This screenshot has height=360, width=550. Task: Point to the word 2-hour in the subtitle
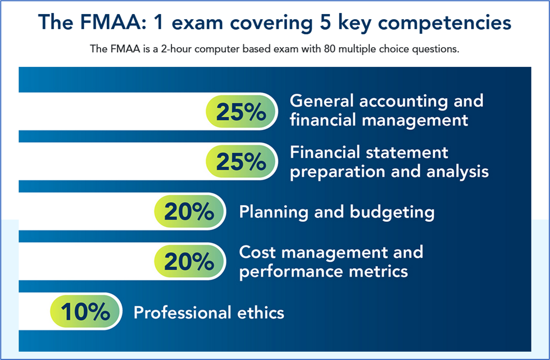(176, 49)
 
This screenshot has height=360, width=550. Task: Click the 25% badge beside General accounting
(242, 111)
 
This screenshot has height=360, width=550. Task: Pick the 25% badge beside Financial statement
(242, 161)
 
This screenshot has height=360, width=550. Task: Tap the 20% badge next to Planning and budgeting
(190, 211)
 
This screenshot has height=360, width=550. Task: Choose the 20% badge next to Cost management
(190, 261)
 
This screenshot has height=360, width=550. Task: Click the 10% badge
(86, 311)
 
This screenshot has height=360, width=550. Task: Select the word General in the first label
(321, 101)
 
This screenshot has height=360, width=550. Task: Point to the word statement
(407, 153)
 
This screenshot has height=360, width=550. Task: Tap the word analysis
(457, 172)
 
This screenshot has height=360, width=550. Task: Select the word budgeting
(392, 212)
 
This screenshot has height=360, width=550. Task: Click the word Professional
(182, 313)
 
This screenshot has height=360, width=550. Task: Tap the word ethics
(260, 313)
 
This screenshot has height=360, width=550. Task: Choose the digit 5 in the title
(326, 22)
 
